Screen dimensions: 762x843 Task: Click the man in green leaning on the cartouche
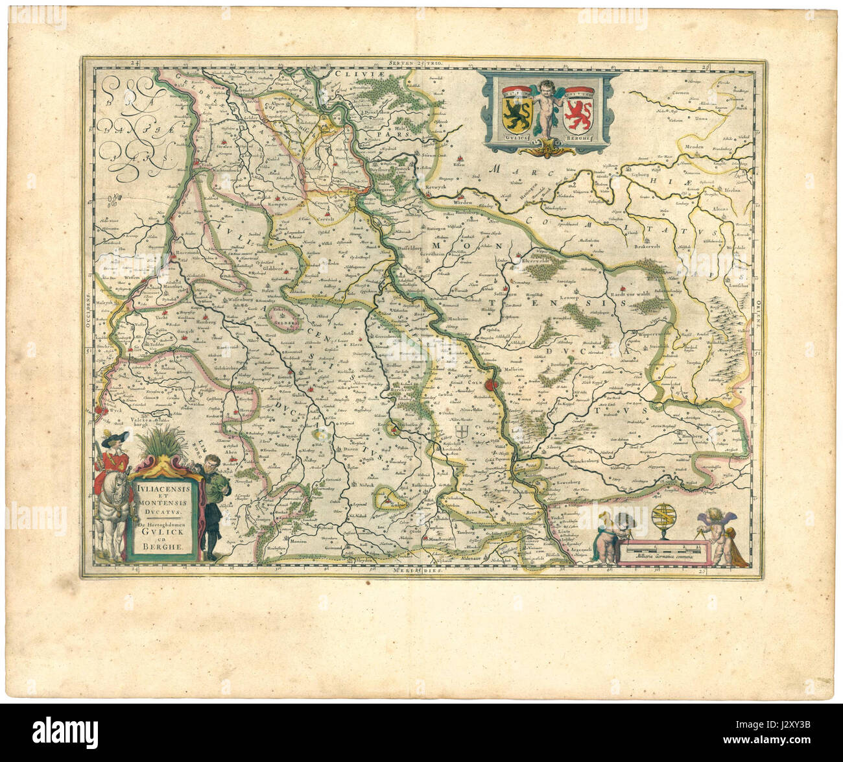click(x=211, y=499)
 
